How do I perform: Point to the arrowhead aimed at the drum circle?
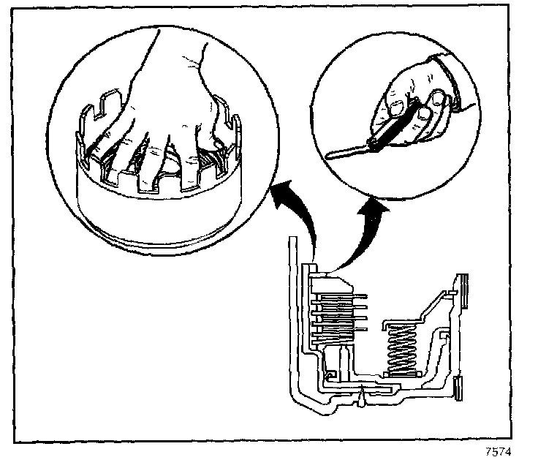pos(276,194)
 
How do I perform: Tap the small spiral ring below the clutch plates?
pos(330,375)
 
